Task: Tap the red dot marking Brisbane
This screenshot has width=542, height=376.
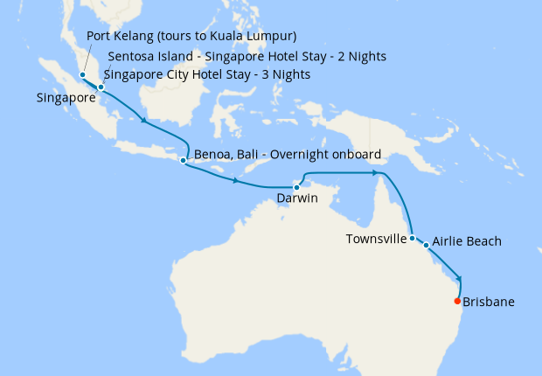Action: pos(457,302)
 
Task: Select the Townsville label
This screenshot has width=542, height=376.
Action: pos(377,238)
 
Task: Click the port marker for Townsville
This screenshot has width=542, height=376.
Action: pos(412,238)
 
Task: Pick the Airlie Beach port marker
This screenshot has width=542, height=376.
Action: pos(427,246)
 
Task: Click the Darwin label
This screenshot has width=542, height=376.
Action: pos(296,198)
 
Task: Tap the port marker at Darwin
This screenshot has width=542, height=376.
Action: pos(296,186)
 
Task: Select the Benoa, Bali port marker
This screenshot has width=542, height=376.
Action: pos(183,161)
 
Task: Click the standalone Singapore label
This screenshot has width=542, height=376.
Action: pos(66,98)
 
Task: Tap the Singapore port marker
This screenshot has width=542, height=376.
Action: pos(101,87)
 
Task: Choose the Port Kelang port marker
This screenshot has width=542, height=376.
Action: pos(83,75)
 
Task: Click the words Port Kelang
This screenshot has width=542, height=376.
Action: pos(121,36)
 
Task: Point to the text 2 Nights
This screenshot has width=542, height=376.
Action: pos(360,56)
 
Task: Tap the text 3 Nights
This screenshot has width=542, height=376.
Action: pos(284,74)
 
